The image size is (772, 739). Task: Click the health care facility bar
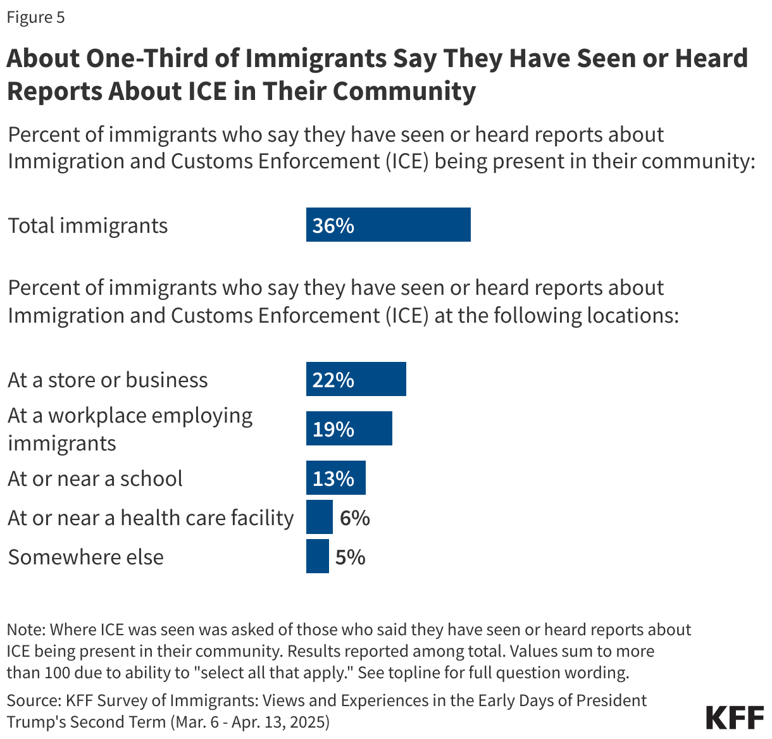point(319,517)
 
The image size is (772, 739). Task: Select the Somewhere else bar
point(317,556)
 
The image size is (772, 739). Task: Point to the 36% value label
point(333,225)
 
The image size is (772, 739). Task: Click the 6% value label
point(354,518)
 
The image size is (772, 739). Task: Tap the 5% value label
point(350,557)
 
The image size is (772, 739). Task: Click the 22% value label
point(333,380)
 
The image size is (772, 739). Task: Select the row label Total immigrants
point(87,226)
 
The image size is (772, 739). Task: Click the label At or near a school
point(95,478)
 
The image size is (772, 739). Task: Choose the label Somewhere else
point(85,557)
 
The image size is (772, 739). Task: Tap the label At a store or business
point(108,380)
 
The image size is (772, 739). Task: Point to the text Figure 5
point(35,17)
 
